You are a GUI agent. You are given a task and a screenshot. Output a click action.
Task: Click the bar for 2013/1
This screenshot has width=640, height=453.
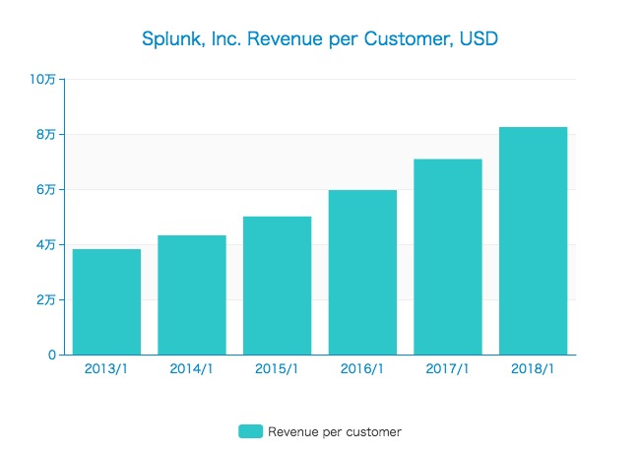click(x=106, y=301)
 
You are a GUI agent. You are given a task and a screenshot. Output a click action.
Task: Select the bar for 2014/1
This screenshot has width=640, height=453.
click(x=192, y=294)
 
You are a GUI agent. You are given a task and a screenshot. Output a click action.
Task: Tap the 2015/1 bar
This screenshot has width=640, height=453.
click(x=277, y=286)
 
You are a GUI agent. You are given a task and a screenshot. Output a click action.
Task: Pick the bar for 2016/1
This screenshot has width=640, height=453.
click(x=362, y=272)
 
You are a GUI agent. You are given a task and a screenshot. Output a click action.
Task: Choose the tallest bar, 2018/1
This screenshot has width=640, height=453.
click(x=533, y=240)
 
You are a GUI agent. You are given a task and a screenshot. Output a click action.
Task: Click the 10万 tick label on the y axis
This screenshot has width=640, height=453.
click(x=43, y=79)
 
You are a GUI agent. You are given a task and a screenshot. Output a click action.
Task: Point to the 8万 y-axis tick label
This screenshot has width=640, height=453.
click(x=46, y=134)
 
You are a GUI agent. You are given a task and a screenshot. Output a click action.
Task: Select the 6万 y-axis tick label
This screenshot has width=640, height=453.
click(x=46, y=189)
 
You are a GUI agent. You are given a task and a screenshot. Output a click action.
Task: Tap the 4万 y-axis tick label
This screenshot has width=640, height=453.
click(x=46, y=244)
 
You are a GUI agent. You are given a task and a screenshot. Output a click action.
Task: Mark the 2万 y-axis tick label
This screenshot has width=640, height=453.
click(x=46, y=299)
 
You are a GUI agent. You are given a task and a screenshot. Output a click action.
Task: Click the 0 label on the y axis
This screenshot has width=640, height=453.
click(x=51, y=355)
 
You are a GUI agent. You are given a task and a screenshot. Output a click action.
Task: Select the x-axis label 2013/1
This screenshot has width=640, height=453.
click(x=106, y=369)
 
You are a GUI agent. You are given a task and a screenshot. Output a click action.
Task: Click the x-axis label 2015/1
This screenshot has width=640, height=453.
click(x=277, y=369)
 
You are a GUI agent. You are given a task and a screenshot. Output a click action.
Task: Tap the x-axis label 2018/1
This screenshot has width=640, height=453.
click(x=533, y=369)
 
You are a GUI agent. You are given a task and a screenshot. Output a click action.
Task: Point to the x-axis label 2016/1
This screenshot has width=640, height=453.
click(x=362, y=369)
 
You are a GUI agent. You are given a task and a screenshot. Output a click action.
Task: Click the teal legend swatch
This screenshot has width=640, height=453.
click(x=250, y=431)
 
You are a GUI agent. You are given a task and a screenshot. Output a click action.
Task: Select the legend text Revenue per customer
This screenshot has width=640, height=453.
click(x=335, y=431)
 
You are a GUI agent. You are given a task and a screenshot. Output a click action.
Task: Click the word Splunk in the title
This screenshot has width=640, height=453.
click(x=169, y=39)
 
